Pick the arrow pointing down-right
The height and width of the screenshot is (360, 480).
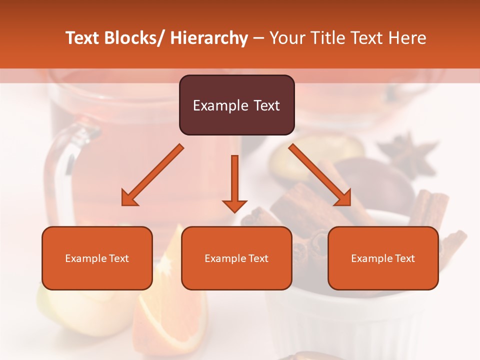coord(320,175)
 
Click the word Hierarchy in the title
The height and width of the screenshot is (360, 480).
coord(209,38)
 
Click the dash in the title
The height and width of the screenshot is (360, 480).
coord(258,38)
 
